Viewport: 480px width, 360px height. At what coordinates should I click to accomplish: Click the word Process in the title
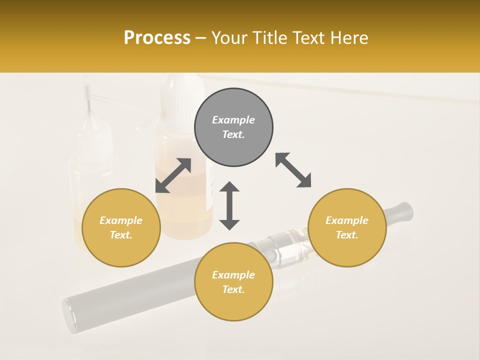pyautogui.click(x=157, y=38)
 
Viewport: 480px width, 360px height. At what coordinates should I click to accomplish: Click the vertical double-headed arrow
pyautogui.click(x=229, y=205)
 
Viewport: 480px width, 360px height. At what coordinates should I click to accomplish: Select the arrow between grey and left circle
pyautogui.click(x=173, y=175)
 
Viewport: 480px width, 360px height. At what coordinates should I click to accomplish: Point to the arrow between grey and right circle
pyautogui.click(x=293, y=170)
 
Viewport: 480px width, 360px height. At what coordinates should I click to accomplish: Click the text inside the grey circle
pyautogui.click(x=233, y=127)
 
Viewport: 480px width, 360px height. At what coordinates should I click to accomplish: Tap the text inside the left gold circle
pyautogui.click(x=121, y=227)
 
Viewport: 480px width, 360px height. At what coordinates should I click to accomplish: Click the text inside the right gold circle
pyautogui.click(x=347, y=227)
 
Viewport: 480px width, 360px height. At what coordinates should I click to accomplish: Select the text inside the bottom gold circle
pyautogui.click(x=233, y=282)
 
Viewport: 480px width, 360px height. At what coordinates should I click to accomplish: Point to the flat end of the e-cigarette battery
pyautogui.click(x=69, y=315)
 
